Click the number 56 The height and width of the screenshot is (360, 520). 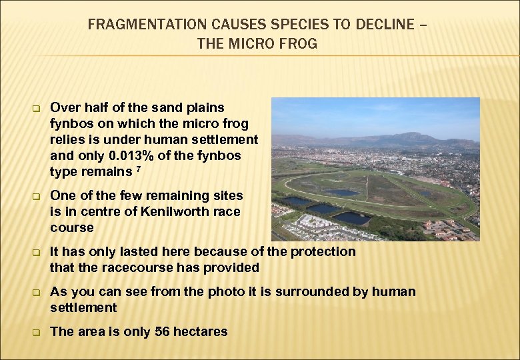click(163, 331)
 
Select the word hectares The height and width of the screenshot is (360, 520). click(201, 331)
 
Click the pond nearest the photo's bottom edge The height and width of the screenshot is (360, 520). click(353, 218)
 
